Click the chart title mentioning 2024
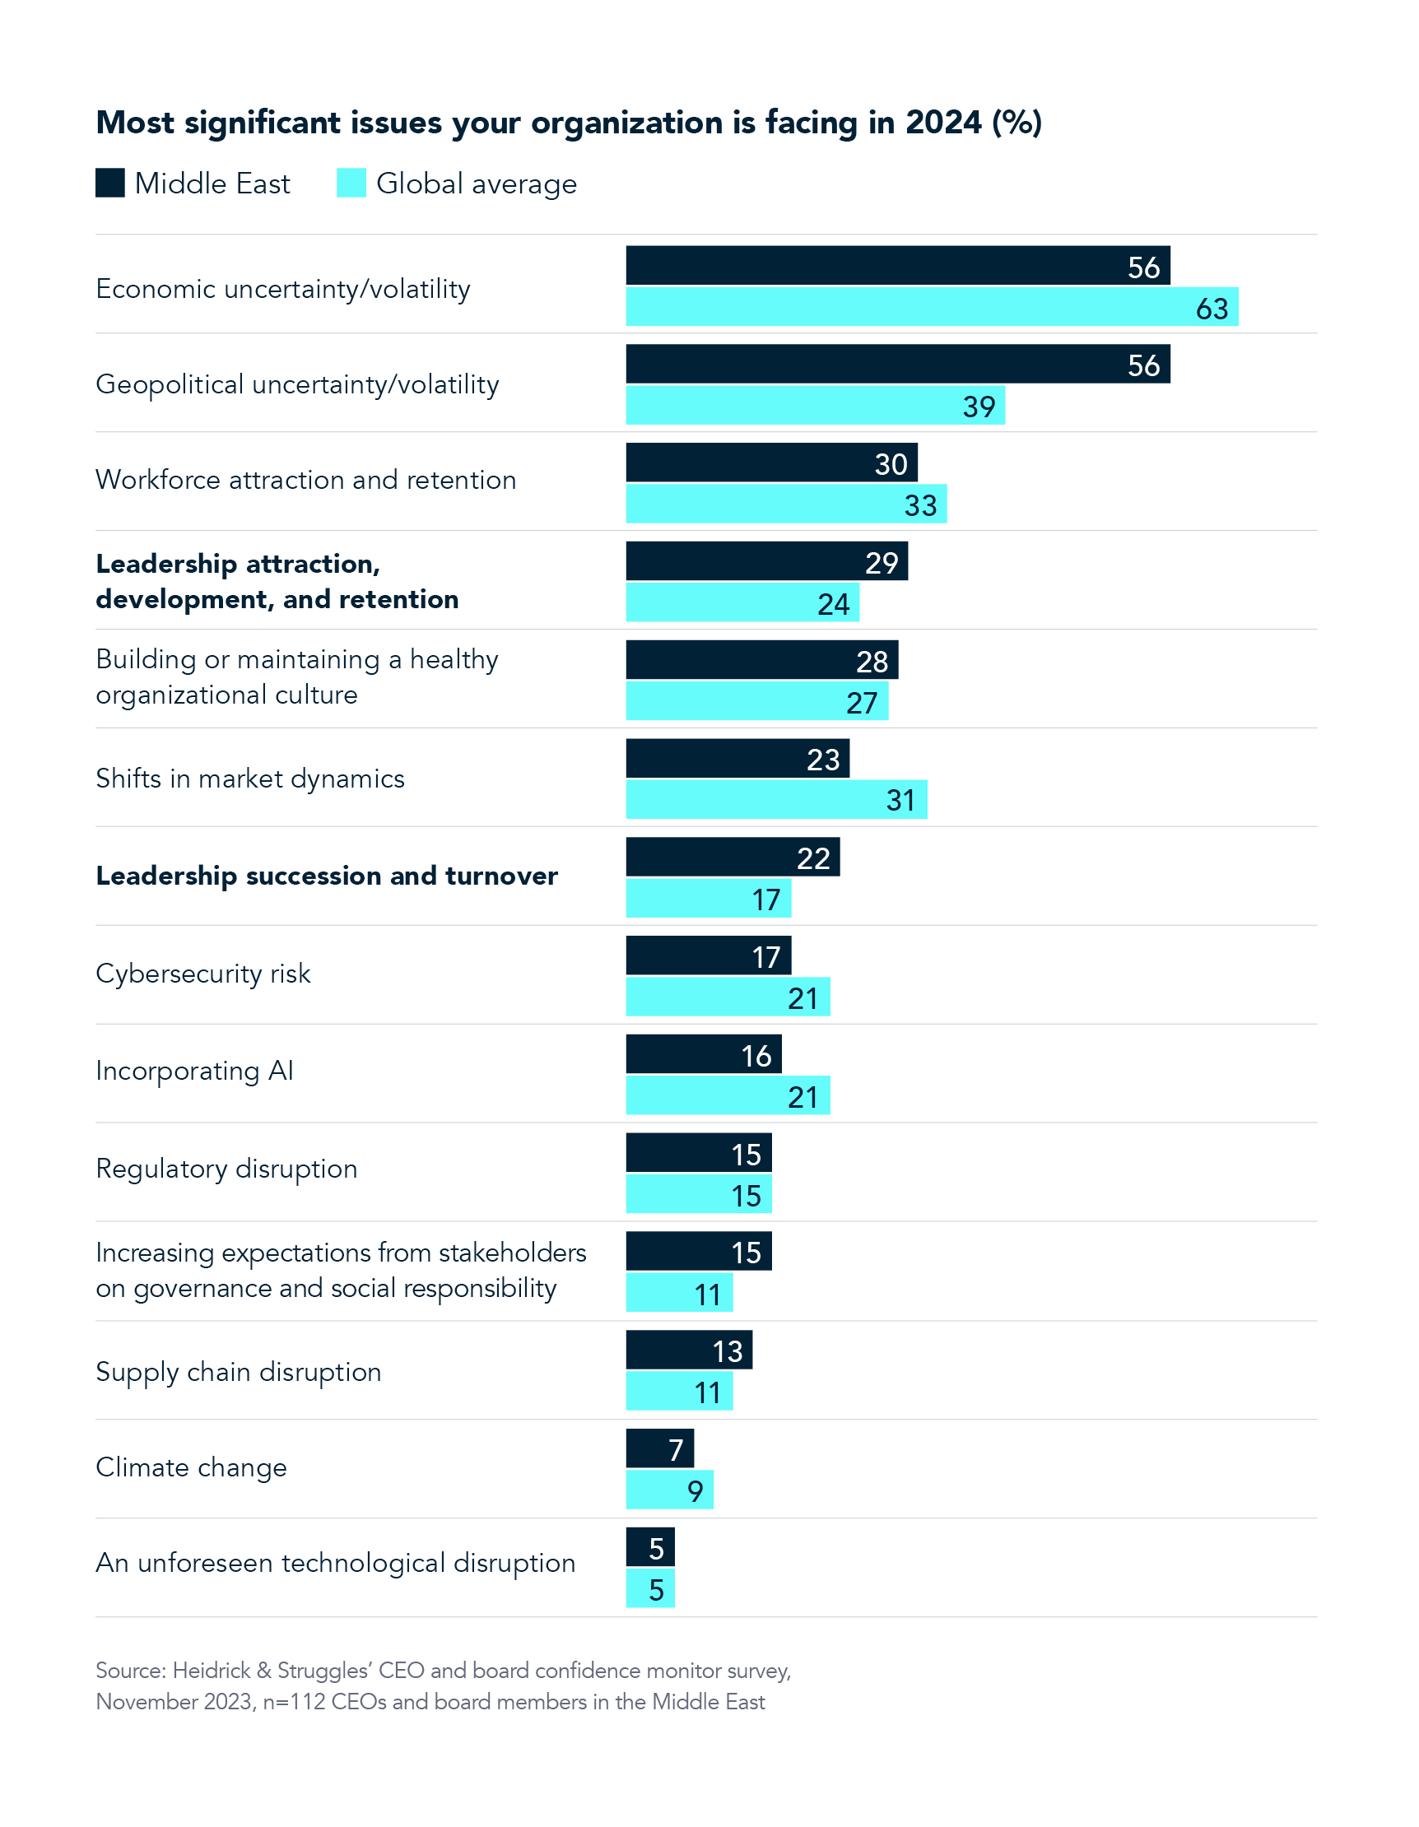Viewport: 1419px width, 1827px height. [568, 123]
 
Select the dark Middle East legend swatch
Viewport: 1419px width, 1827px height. [109, 184]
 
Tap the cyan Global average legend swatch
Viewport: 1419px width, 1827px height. [351, 184]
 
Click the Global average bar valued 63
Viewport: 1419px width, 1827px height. [931, 307]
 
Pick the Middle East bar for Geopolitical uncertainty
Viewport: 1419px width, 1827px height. [897, 364]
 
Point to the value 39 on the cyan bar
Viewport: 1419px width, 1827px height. [978, 407]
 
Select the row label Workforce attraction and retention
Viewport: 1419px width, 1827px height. [305, 480]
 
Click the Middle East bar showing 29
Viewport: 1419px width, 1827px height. [765, 561]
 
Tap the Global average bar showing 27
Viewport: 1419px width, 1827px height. [756, 702]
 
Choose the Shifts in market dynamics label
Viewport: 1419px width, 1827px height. [249, 779]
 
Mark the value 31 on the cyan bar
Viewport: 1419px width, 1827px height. [900, 801]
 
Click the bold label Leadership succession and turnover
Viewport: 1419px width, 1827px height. [326, 876]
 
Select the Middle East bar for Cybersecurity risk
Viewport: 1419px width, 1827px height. [708, 955]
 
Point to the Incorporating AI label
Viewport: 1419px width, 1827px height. [194, 1072]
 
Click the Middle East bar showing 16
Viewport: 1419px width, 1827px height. [703, 1054]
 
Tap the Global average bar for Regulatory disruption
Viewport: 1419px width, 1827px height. [698, 1195]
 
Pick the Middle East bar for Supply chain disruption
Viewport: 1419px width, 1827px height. [688, 1350]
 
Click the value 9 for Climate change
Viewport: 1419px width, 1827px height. [695, 1490]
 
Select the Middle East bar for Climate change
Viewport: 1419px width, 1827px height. [659, 1448]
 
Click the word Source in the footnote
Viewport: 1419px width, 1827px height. [130, 1671]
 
